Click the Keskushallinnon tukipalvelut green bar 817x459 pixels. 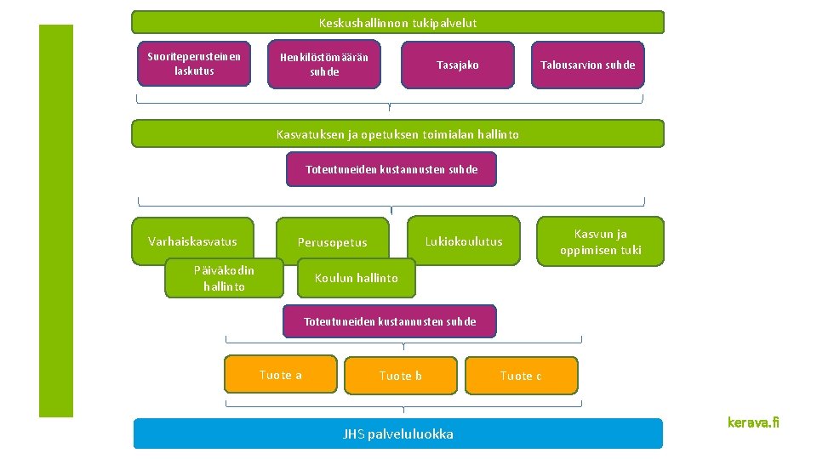[397, 22]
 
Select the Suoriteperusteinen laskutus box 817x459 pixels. [194, 64]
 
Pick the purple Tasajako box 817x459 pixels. [458, 65]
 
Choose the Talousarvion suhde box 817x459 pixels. [588, 65]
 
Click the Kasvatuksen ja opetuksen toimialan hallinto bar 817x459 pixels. [397, 133]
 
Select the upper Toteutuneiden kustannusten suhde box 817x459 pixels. [391, 169]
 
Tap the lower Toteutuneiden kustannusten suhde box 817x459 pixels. [390, 321]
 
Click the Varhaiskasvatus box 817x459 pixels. [192, 241]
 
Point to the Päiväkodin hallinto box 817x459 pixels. [224, 279]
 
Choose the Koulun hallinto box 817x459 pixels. [357, 278]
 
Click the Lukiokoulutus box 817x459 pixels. [464, 241]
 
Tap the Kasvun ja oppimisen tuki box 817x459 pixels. [601, 241]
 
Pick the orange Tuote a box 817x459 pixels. [281, 375]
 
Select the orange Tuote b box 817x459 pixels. [401, 375]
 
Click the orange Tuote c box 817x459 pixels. [521, 375]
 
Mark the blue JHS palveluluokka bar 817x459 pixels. [397, 433]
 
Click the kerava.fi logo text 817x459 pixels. [753, 422]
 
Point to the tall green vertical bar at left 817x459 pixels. [56, 221]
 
